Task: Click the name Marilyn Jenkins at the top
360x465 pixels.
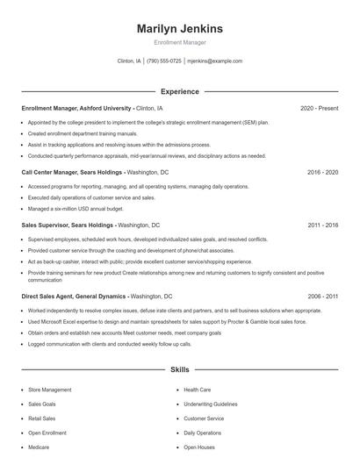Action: (x=179, y=29)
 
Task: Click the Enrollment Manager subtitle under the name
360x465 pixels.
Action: (x=179, y=42)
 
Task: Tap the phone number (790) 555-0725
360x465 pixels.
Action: (x=164, y=61)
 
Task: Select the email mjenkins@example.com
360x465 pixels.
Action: (x=215, y=61)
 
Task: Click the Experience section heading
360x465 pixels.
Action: (x=179, y=91)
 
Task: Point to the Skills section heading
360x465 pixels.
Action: (x=179, y=370)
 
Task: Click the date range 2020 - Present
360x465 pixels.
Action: (x=319, y=108)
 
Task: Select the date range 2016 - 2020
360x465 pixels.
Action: (x=322, y=172)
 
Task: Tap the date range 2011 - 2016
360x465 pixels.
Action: (x=322, y=225)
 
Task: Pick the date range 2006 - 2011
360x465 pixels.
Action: (x=322, y=297)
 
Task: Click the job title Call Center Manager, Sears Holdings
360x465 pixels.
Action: (x=72, y=172)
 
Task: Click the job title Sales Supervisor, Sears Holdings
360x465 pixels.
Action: (x=68, y=225)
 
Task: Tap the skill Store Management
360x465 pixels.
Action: (x=50, y=390)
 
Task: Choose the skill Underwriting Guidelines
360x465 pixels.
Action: (x=211, y=404)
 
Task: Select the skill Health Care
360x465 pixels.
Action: (x=197, y=390)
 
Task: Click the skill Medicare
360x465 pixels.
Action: (x=39, y=447)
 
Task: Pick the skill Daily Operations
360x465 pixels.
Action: (x=202, y=433)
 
